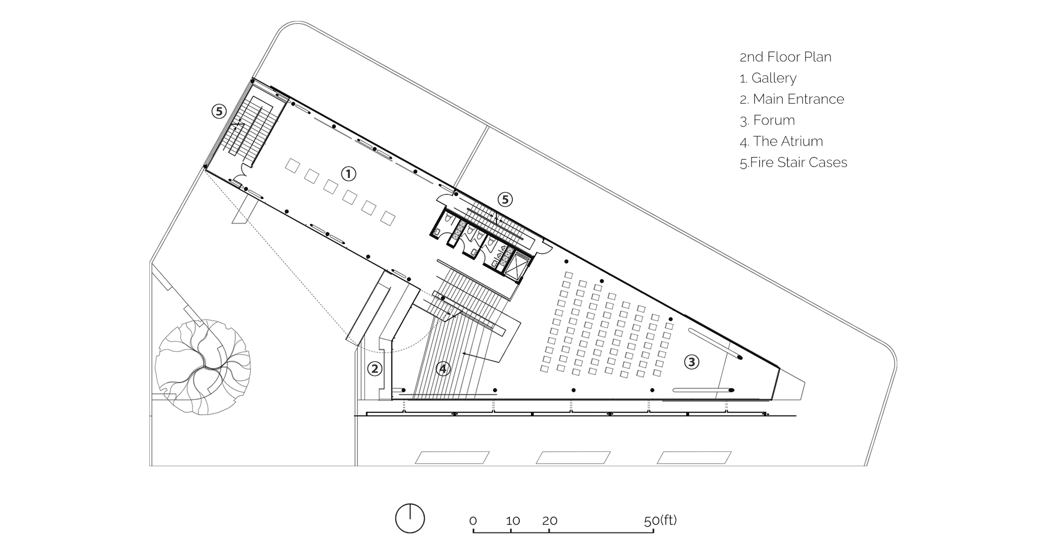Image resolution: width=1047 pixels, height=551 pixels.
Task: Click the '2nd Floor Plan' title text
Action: coord(785,57)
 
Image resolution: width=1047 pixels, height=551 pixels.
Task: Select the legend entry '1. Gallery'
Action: coord(768,78)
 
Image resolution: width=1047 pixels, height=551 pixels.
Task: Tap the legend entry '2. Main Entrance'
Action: coord(792,99)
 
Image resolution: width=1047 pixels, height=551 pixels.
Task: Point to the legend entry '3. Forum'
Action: coord(767,120)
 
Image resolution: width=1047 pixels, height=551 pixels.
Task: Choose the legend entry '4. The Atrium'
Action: coord(781,141)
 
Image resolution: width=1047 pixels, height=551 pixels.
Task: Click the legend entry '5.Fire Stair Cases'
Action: coord(793,162)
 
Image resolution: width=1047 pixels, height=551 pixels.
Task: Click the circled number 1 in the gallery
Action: coord(348,174)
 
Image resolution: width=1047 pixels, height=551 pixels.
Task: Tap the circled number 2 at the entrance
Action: coord(375,369)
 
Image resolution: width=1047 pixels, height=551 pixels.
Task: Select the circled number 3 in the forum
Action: coord(692,362)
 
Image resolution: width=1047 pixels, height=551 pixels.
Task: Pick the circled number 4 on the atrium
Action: coord(443,369)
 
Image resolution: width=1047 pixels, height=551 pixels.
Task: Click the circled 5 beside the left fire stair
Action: coord(219,111)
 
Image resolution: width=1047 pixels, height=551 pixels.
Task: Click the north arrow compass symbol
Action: coord(410,519)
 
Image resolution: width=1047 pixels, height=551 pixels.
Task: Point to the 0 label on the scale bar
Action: coord(473,521)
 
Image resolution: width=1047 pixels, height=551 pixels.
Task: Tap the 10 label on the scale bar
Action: coord(513,521)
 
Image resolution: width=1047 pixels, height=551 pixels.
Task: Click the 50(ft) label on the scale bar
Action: coord(660,520)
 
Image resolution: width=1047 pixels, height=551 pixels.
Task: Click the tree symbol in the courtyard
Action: coord(203,367)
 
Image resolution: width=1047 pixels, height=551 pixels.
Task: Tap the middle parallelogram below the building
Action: coord(573,457)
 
